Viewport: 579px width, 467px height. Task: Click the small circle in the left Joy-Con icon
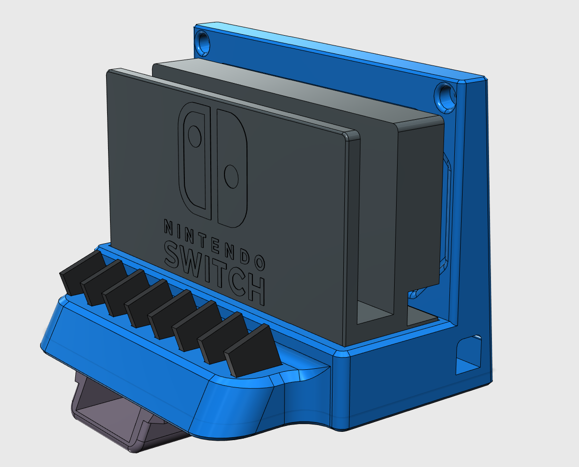click(x=195, y=137)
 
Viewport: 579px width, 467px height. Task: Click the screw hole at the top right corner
click(x=445, y=96)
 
